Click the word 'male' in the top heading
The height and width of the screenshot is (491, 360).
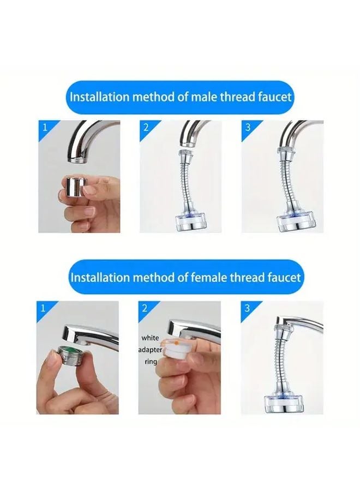pos(203,98)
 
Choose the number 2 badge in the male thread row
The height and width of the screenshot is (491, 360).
pos(146,128)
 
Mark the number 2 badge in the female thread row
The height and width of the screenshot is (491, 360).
pos(145,308)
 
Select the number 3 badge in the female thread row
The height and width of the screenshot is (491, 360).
pos(248,308)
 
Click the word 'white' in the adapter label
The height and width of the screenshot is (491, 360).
pos(150,338)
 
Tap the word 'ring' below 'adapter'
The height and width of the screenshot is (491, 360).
pos(151,361)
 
